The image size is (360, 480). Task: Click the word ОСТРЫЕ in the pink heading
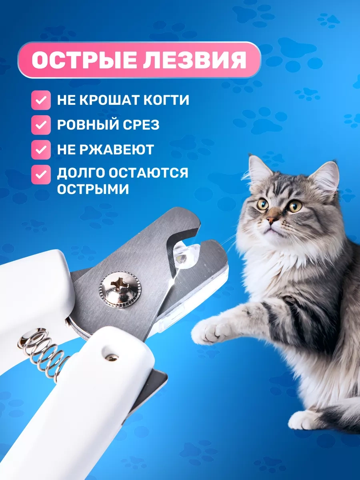pos(84,60)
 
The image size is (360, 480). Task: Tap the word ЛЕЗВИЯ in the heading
pos(194,60)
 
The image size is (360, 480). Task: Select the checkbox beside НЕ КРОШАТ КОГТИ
pos(41,100)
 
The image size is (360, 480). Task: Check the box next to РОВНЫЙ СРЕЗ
pos(41,125)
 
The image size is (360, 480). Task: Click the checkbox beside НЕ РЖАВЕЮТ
pos(41,150)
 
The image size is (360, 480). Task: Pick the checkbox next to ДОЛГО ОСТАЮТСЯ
pos(41,174)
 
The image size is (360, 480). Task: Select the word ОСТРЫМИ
pos(93,189)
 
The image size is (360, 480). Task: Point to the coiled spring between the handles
pos(44,356)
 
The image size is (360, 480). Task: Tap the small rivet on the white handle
pos(112,358)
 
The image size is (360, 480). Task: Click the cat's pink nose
pos(271,219)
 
